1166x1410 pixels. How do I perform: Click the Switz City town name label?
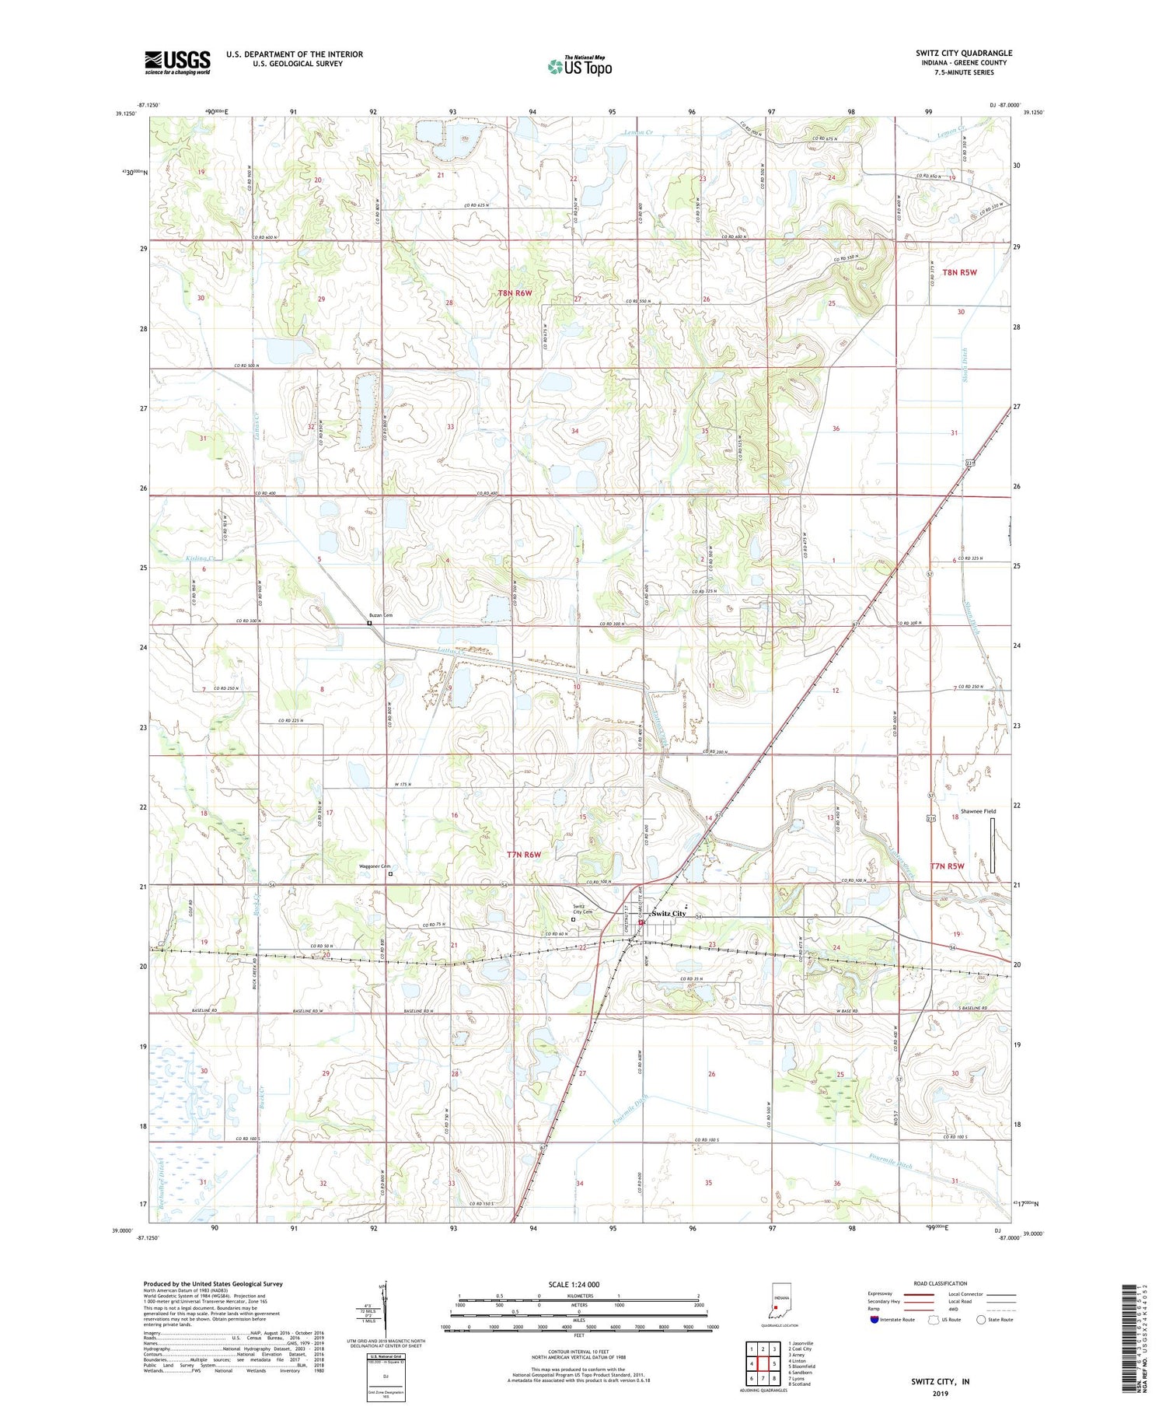coord(669,913)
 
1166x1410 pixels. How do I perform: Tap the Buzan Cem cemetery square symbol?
coord(369,623)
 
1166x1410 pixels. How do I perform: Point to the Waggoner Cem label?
coord(373,866)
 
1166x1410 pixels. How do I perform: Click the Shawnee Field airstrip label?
coord(978,811)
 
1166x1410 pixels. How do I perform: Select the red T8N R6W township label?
coord(515,292)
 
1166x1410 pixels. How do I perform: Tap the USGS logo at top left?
coord(177,62)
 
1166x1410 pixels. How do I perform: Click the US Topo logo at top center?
coord(579,66)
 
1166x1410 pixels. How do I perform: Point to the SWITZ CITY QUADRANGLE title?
coord(964,53)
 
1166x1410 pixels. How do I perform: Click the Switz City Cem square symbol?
coord(574,919)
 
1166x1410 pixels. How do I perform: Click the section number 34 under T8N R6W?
coord(574,431)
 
